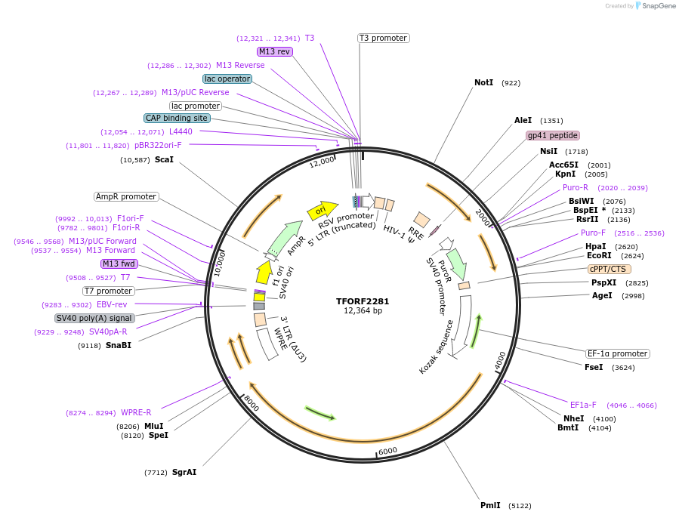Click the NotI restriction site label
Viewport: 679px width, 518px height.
click(483, 82)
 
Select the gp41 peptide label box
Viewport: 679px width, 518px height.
click(553, 135)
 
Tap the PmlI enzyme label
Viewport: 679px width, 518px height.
click(490, 504)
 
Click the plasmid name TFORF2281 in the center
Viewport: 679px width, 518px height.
click(363, 301)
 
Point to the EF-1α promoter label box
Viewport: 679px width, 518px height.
click(617, 353)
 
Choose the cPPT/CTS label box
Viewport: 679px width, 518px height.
click(610, 268)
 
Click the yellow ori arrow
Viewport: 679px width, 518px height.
click(322, 209)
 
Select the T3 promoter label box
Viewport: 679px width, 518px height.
click(383, 38)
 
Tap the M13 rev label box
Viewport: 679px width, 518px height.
click(274, 51)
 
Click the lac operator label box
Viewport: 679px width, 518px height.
click(227, 79)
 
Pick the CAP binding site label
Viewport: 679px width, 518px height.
click(177, 118)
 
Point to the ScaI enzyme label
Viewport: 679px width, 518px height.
click(164, 159)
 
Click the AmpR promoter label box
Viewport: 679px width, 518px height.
click(126, 196)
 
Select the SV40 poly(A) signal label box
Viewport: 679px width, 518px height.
click(94, 318)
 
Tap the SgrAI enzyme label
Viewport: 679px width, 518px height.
click(184, 472)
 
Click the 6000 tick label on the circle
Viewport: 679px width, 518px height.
click(387, 451)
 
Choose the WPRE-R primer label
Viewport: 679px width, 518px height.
click(136, 412)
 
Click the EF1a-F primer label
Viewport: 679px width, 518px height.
click(583, 405)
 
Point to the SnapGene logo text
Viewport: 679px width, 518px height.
click(659, 6)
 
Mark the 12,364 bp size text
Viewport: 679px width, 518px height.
click(363, 310)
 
